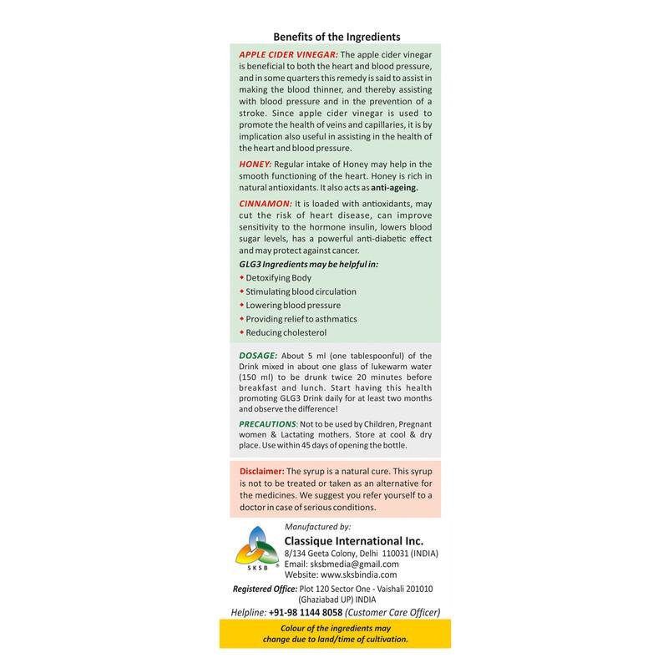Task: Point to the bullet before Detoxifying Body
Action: tap(240, 277)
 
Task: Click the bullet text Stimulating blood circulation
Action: tap(301, 291)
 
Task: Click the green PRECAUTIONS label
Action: tap(273, 424)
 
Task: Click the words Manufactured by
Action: tap(318, 527)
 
